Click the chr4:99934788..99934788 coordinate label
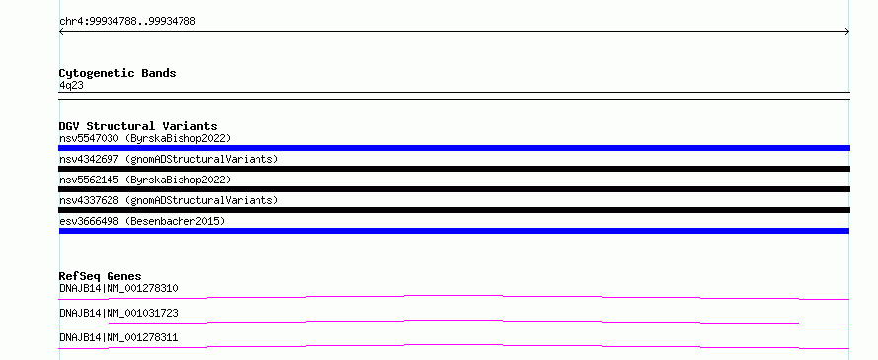pyautogui.click(x=127, y=22)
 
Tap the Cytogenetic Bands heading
pyautogui.click(x=117, y=73)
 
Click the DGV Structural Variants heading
pyautogui.click(x=138, y=126)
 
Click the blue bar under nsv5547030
pyautogui.click(x=454, y=148)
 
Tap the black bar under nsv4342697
pyautogui.click(x=454, y=169)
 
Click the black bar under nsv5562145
pyautogui.click(x=454, y=189)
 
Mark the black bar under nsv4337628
pyautogui.click(x=454, y=210)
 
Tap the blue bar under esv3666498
pyautogui.click(x=454, y=231)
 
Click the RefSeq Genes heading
pyautogui.click(x=101, y=276)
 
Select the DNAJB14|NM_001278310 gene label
pyautogui.click(x=118, y=289)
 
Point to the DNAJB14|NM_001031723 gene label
pyautogui.click(x=118, y=313)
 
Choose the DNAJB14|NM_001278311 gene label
pyautogui.click(x=118, y=337)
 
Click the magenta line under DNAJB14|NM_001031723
pyautogui.click(x=454, y=321)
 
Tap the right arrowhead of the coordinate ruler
pyautogui.click(x=848, y=32)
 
